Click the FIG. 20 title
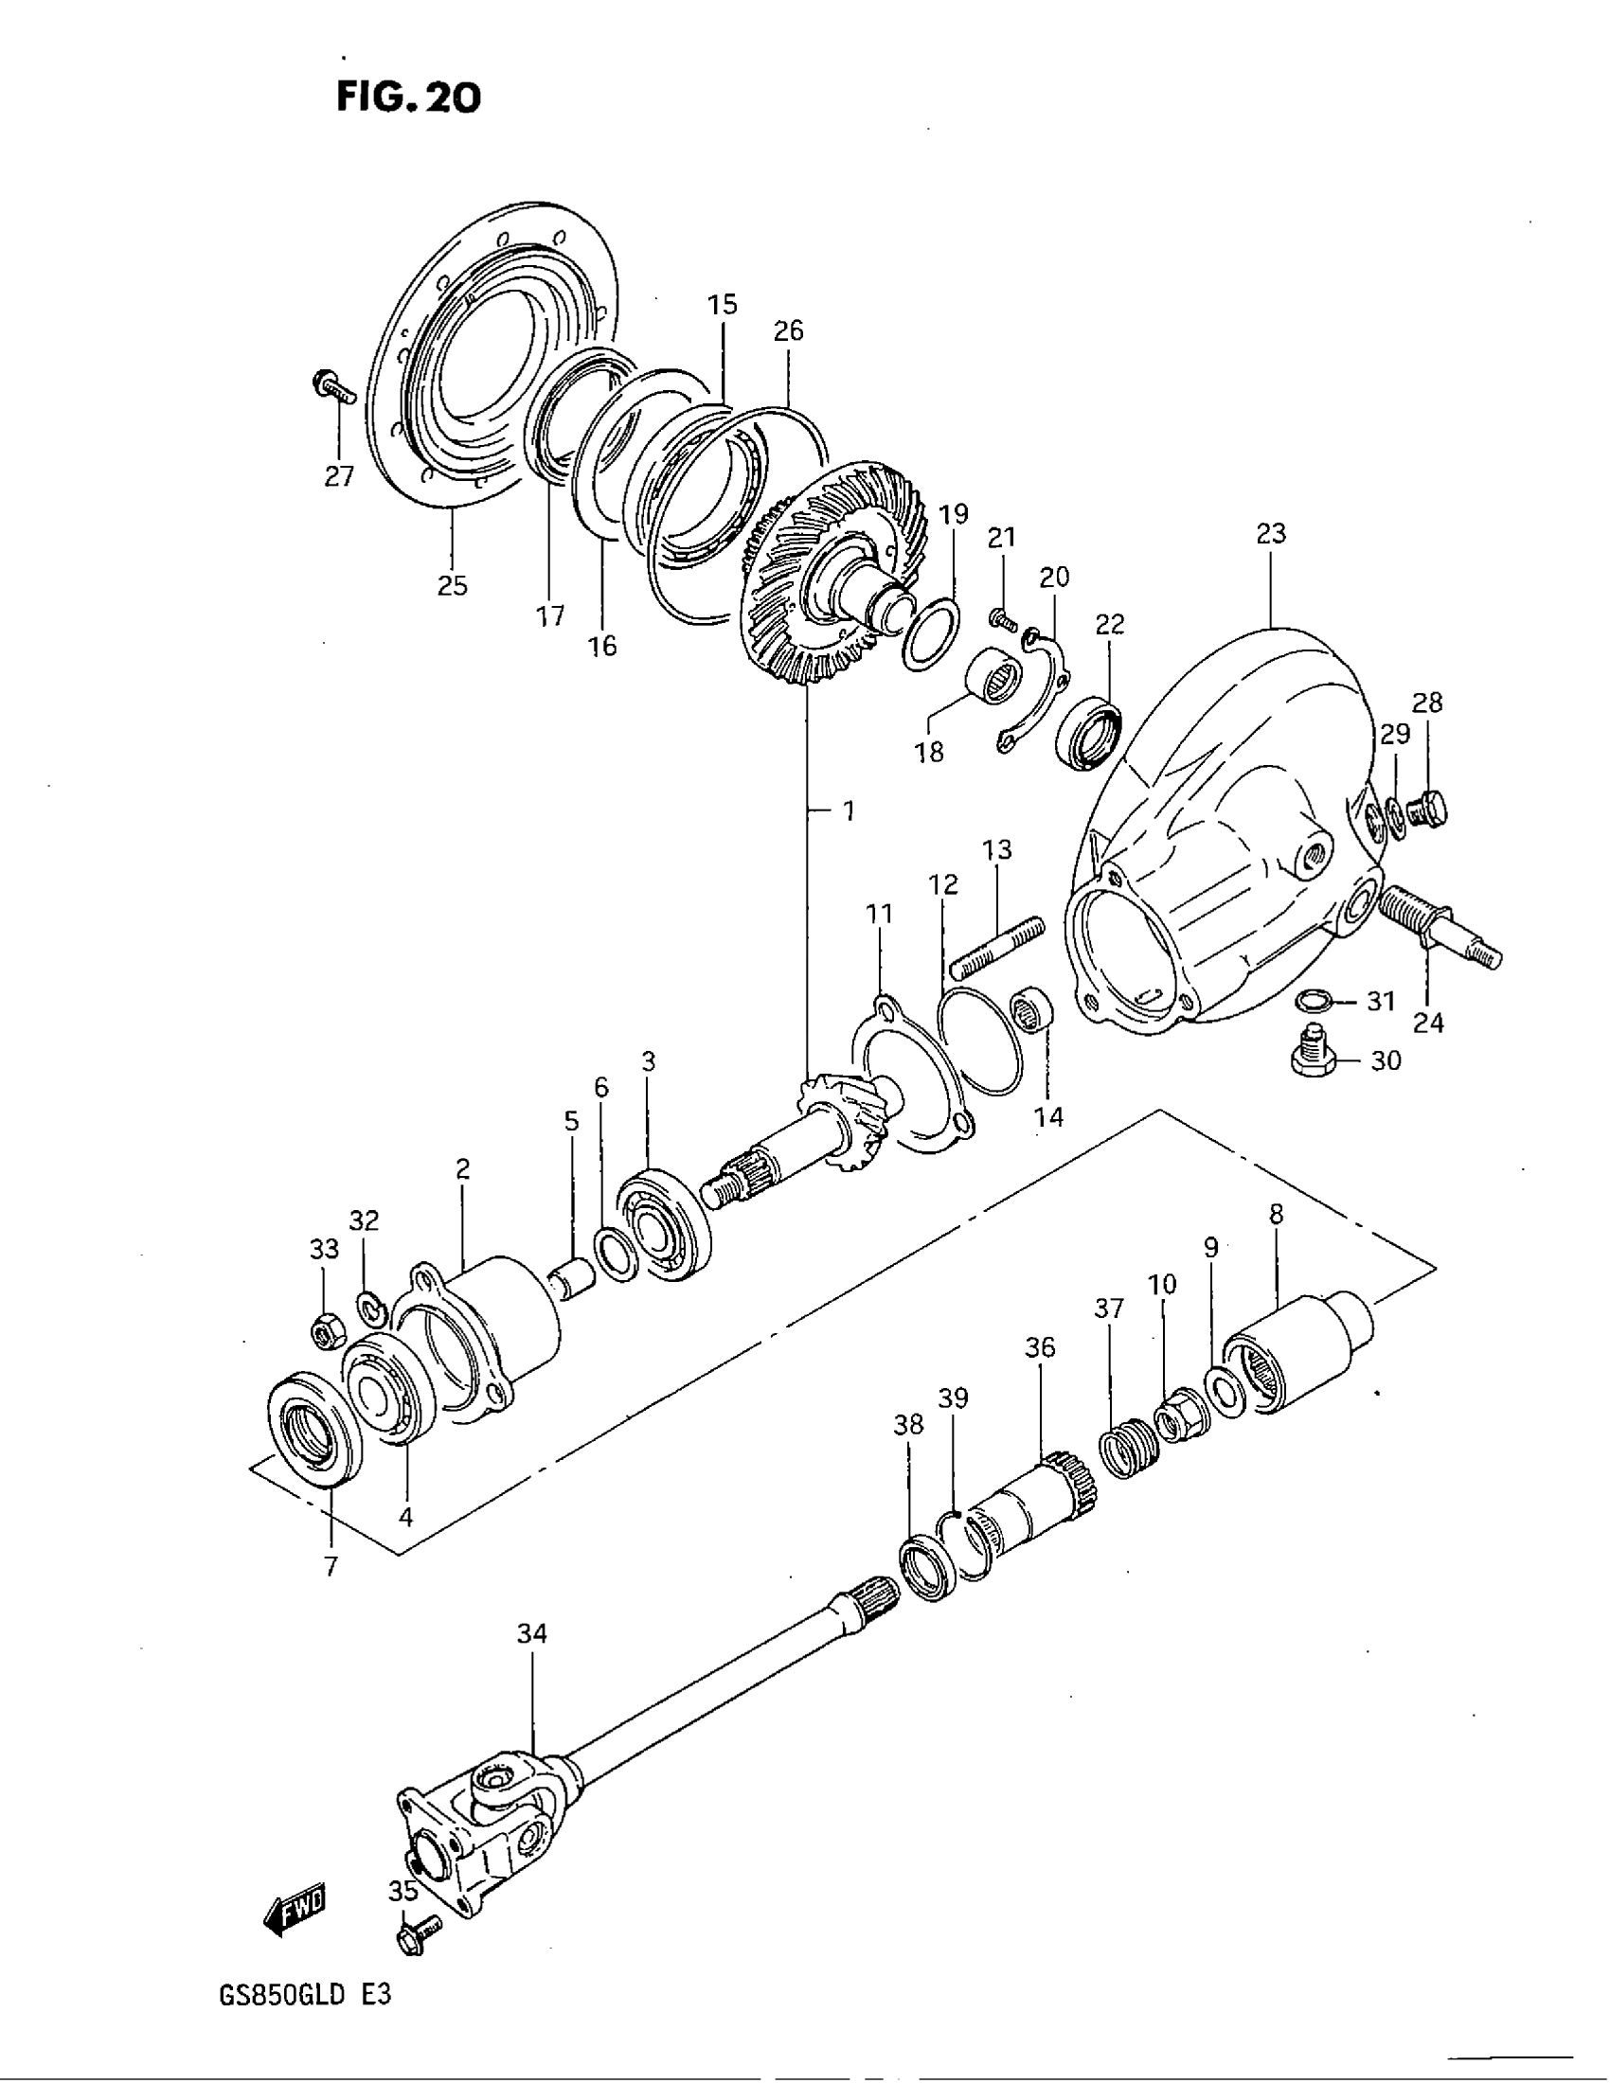pos(408,97)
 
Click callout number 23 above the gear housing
pos(1270,533)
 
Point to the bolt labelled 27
pos(331,386)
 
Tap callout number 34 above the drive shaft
pos(532,1634)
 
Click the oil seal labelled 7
pos(315,1428)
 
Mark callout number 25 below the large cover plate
pos(453,584)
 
